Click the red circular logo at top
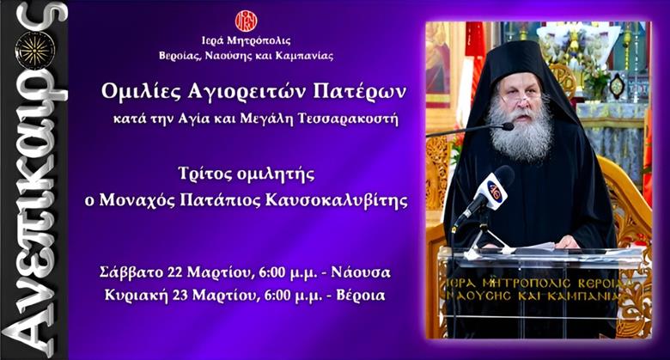click(247, 21)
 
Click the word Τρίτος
click(204, 174)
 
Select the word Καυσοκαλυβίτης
click(336, 200)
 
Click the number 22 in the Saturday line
click(175, 272)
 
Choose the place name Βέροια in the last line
click(360, 296)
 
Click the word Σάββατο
click(131, 272)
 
